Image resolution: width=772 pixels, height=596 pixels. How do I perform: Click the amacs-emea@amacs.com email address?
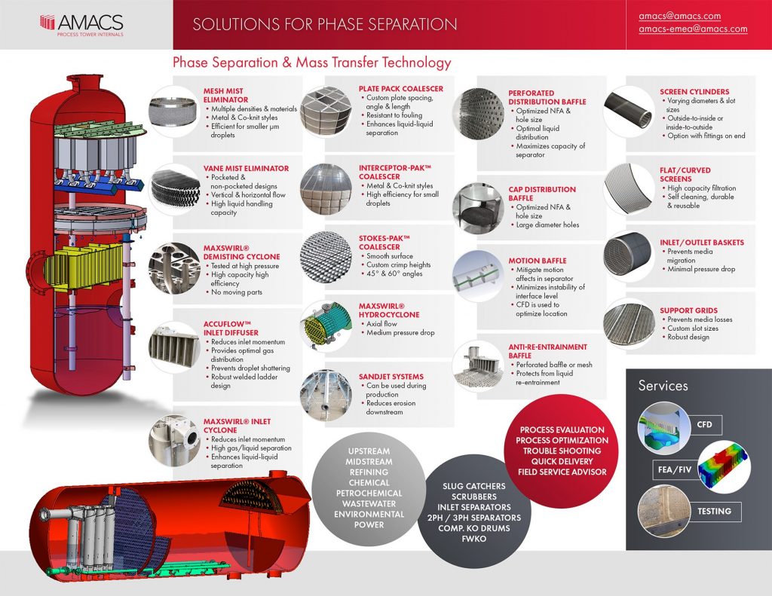point(693,29)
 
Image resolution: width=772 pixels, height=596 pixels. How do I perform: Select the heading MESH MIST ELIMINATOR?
point(226,95)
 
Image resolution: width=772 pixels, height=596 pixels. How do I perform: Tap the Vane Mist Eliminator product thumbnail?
point(175,187)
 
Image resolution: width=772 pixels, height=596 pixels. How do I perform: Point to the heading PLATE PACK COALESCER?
point(401,89)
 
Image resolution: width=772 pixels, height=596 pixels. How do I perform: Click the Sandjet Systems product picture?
point(325,390)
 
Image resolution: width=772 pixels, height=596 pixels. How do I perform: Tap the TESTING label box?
point(713,512)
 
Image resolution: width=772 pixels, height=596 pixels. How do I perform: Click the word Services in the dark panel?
point(663,386)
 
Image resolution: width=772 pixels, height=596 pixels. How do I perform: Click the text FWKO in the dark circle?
point(474,539)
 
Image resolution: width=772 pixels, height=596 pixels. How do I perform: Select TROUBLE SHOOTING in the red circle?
point(562,451)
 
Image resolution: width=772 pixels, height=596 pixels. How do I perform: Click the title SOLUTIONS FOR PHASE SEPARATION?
point(324,25)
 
